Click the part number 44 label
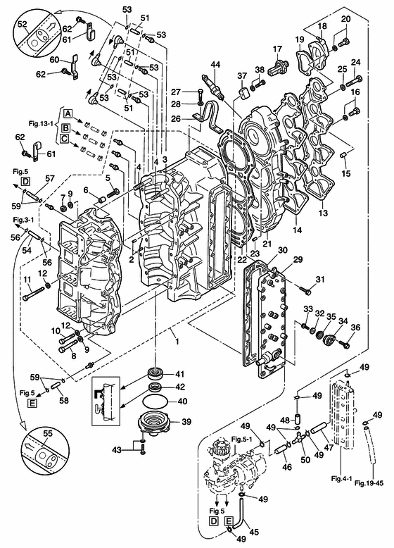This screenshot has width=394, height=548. click(216, 65)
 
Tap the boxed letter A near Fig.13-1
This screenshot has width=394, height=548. click(68, 113)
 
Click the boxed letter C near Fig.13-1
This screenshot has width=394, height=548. click(64, 139)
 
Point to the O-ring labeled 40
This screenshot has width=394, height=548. click(155, 401)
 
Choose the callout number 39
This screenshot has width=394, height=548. click(186, 422)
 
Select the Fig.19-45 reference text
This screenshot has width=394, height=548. click(369, 483)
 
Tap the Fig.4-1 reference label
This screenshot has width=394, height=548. click(341, 478)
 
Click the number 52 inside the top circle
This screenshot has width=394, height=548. click(22, 23)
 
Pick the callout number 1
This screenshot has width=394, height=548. click(177, 341)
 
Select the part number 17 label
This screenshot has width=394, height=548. click(277, 49)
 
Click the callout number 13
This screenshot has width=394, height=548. click(323, 212)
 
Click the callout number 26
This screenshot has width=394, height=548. click(175, 119)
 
